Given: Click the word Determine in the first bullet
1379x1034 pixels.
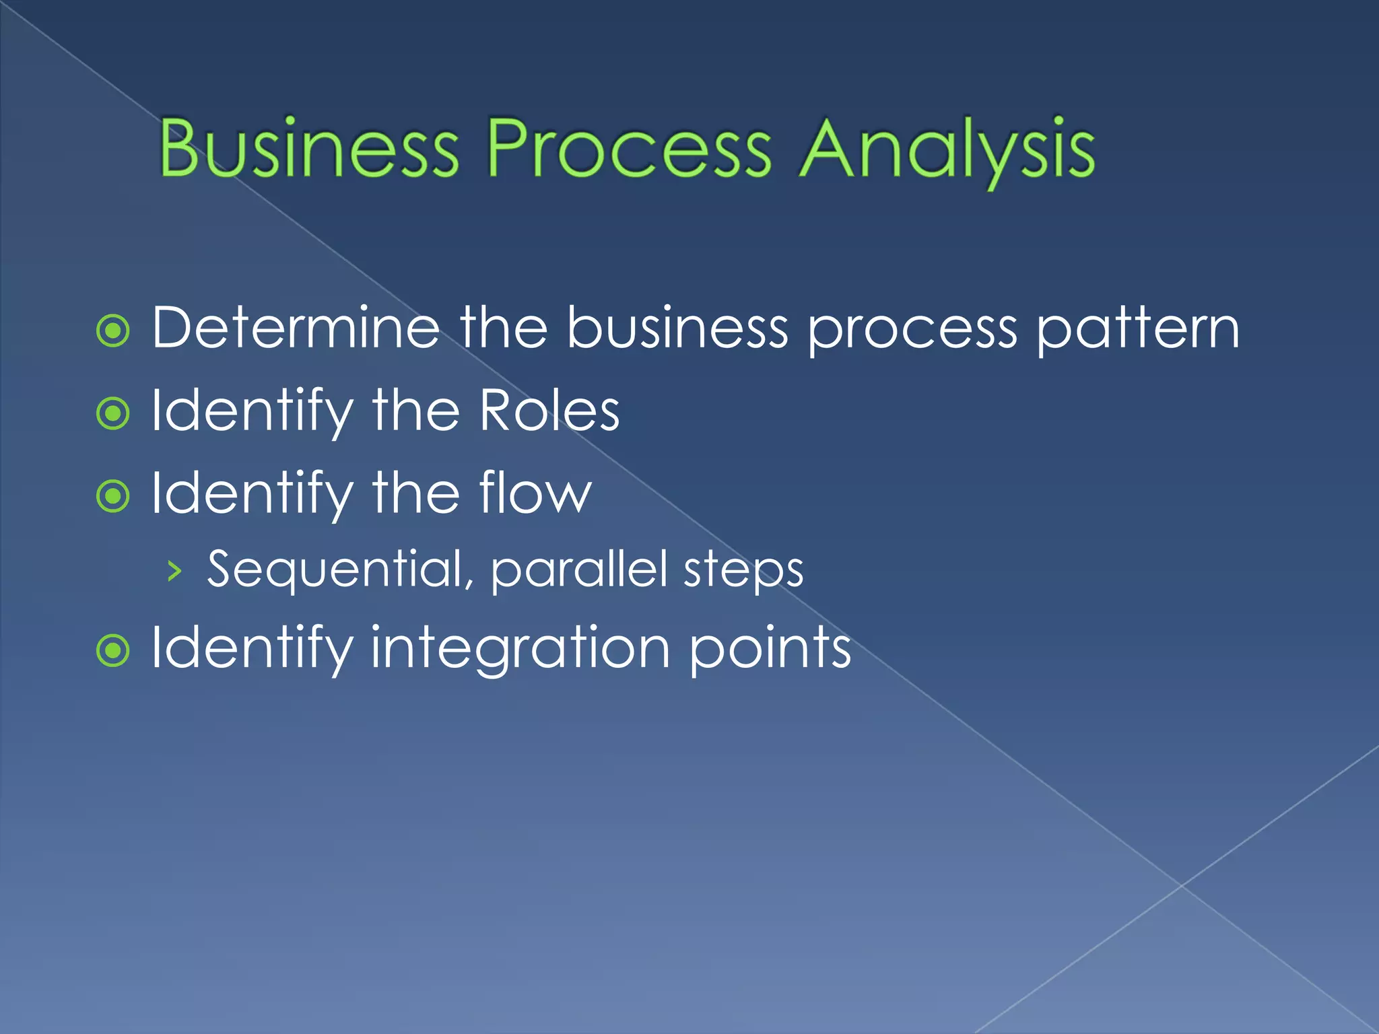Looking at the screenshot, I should click(295, 328).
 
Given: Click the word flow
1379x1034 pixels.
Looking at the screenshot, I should click(535, 493).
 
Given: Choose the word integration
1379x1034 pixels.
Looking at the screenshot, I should click(520, 648).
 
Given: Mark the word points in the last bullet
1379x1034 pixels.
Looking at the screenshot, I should click(770, 648).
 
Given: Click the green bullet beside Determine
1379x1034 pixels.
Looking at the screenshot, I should click(113, 331).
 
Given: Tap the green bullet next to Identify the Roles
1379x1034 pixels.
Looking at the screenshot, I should click(113, 413).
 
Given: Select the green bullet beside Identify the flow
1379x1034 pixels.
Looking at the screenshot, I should click(113, 496).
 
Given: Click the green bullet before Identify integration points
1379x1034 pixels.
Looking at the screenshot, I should click(113, 651).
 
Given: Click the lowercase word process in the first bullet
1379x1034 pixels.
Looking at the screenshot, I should click(912, 331).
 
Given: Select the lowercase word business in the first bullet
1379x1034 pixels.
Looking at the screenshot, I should click(677, 328).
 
